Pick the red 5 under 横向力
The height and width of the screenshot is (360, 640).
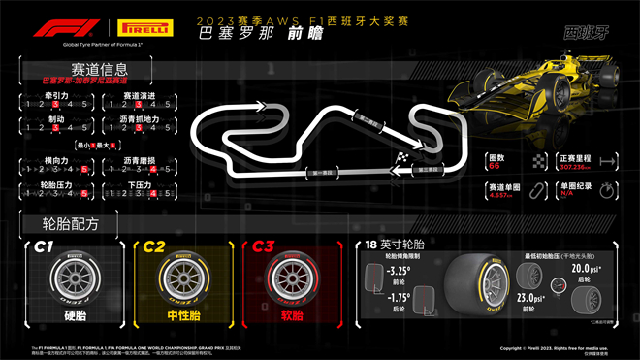pos(84,169)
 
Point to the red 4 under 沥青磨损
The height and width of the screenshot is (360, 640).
pos(155,169)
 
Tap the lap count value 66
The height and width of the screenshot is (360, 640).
pos(495,166)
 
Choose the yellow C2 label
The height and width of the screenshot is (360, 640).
pos(154,246)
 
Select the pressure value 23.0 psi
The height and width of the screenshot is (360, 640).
pos(530,300)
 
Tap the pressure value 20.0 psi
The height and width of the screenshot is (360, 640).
pos(585,268)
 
